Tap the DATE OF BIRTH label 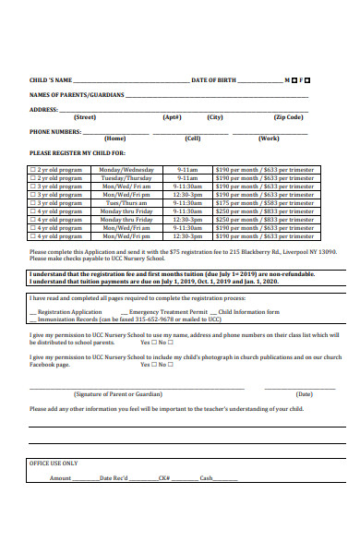pos(213,81)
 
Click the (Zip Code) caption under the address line pos(288,117)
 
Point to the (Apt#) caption pos(172,117)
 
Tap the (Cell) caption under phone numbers pos(193,138)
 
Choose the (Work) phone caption pos(269,138)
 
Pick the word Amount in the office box pos(61,478)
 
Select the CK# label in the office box pos(164,478)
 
